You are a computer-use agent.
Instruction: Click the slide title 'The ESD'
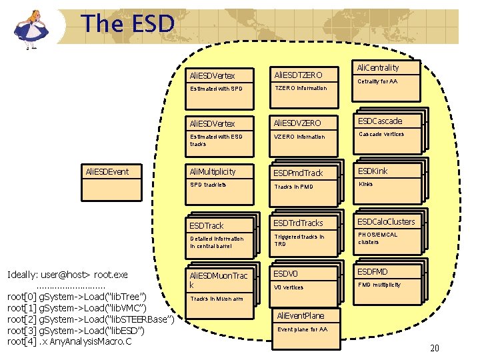(128, 24)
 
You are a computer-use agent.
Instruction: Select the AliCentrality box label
(378, 67)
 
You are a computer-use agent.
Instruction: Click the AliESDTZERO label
(299, 75)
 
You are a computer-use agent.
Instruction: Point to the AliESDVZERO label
(299, 123)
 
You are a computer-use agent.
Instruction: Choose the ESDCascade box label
(380, 121)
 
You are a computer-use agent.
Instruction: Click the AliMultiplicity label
(213, 171)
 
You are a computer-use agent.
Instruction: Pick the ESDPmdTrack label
(297, 173)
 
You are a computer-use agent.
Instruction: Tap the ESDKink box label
(373, 171)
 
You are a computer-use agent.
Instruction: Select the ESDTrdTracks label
(298, 223)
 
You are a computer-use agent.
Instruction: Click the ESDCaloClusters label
(386, 221)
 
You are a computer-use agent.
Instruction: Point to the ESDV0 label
(285, 273)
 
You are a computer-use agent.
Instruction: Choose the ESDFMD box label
(373, 271)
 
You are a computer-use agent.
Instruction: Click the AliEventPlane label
(301, 315)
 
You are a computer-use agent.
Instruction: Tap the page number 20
(435, 348)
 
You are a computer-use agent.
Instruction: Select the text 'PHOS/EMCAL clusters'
(378, 238)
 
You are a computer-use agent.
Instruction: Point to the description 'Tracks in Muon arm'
(217, 299)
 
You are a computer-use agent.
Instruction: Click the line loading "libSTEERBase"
(91, 319)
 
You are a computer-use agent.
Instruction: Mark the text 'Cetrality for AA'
(377, 81)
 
